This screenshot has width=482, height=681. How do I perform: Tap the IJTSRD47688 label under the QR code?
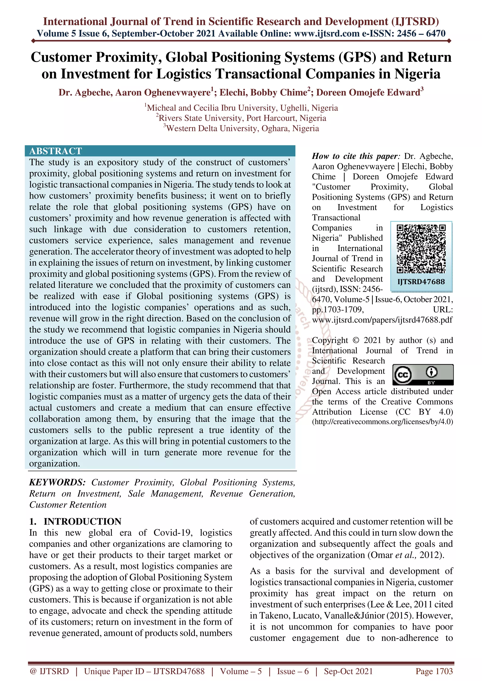[x=421, y=282]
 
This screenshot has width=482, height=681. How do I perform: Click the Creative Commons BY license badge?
[x=423, y=375]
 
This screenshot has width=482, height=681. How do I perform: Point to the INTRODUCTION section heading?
[x=82, y=521]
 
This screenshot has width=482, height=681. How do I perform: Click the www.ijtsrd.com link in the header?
[x=327, y=34]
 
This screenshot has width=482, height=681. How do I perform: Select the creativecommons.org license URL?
[x=382, y=422]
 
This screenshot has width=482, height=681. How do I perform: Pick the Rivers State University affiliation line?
[x=241, y=118]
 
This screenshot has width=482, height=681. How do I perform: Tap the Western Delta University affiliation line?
[x=241, y=129]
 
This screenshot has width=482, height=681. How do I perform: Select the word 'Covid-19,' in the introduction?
[x=173, y=533]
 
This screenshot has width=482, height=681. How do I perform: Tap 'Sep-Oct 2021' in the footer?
[x=348, y=671]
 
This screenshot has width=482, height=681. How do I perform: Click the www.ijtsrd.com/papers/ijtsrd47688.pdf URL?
[x=382, y=320]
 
